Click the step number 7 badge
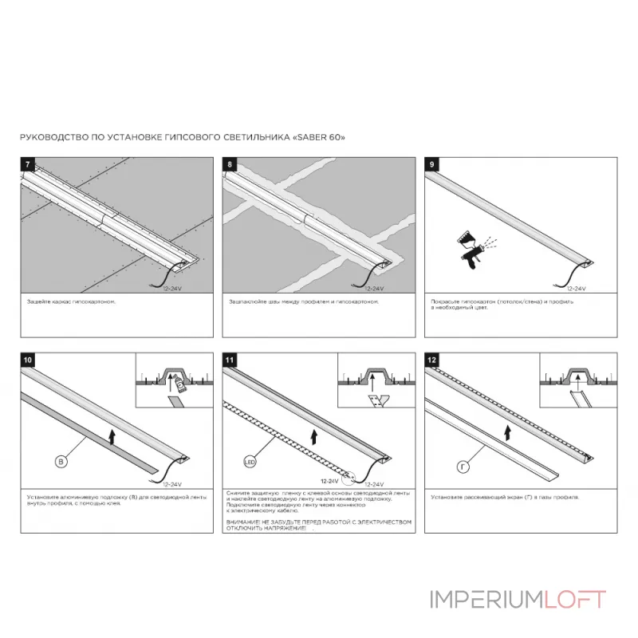click(x=29, y=164)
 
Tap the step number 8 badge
click(x=230, y=164)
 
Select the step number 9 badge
click(x=431, y=164)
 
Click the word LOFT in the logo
click(x=574, y=599)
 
